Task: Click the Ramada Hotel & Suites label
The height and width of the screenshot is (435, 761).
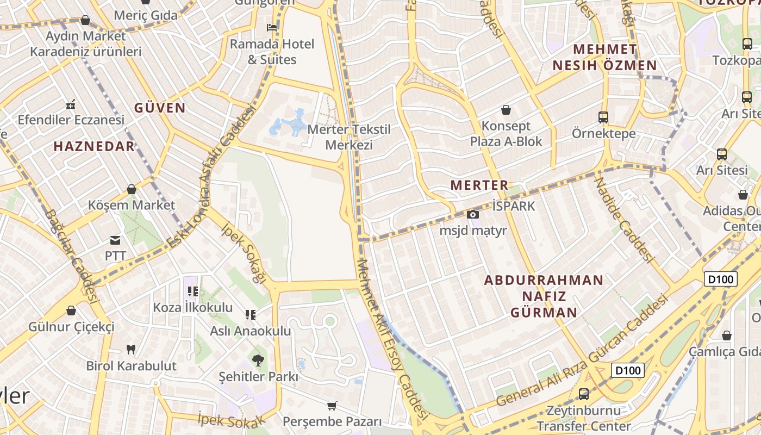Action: point(272,52)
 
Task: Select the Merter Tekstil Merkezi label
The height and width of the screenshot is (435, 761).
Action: point(349,137)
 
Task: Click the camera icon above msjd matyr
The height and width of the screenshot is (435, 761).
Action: point(473,215)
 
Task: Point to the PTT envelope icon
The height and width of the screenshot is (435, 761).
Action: point(115,240)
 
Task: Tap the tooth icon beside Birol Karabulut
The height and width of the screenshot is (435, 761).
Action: point(130,349)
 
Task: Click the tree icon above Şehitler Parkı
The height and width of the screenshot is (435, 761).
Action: point(258,359)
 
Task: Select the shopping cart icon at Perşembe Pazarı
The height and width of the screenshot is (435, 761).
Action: point(332,406)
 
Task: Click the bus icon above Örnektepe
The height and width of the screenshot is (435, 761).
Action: point(603,117)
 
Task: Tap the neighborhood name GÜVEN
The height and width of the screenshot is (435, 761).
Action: point(160,108)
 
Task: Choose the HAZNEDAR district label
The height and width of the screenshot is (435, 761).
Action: point(94,146)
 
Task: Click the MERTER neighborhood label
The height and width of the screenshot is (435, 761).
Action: point(479,185)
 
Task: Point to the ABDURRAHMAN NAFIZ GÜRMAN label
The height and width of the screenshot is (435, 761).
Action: point(544,296)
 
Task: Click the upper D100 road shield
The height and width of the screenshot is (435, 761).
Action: point(721,279)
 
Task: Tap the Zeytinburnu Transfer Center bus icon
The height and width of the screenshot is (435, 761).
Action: point(583,394)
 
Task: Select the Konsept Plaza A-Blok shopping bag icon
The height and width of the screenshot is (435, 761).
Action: point(506,110)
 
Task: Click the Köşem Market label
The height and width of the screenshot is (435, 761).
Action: point(132,205)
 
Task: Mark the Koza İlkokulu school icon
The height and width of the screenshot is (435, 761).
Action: point(193,291)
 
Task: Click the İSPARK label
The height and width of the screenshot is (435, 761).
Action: point(513,206)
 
